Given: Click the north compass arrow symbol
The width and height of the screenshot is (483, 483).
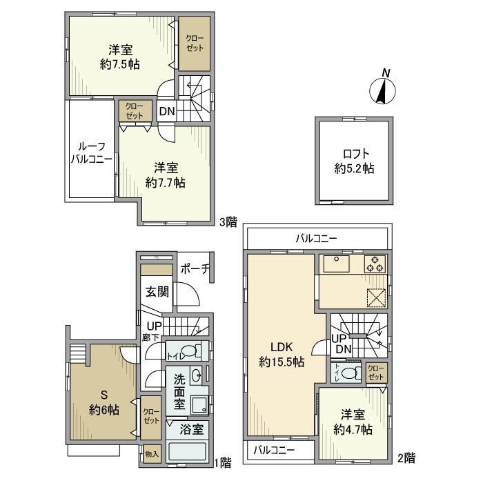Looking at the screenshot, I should point(381,88).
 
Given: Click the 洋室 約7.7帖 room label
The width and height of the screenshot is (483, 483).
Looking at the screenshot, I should point(166,175).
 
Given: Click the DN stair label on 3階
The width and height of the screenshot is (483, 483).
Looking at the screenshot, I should point(166,110).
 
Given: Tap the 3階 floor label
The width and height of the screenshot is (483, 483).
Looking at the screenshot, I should point(228,221).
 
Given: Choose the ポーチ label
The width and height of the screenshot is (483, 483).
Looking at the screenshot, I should point(195,270).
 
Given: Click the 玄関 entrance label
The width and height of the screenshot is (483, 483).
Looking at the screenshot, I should point(157,291).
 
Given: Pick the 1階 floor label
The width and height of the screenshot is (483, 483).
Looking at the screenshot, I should point(222,462).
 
